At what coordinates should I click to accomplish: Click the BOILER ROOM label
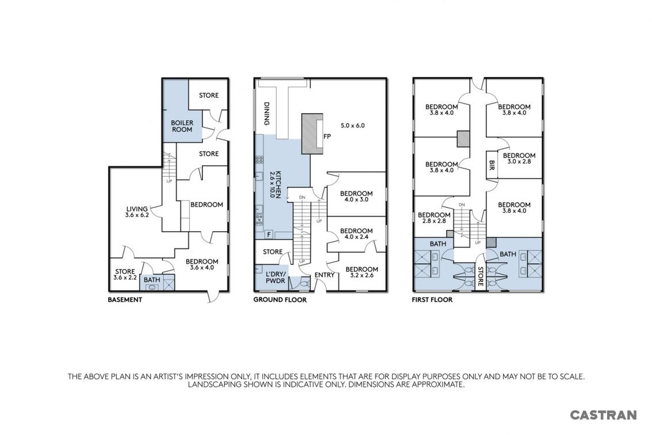coord(182,126)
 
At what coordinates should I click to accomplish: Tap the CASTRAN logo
coord(604,415)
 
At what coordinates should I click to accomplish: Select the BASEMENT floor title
coord(125,299)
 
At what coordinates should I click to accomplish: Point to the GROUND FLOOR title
coord(280,299)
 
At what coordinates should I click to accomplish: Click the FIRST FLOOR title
coord(432,299)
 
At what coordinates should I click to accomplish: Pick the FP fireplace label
coord(327,136)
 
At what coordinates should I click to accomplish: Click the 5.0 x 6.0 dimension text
coord(353,125)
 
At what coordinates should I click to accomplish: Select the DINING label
coord(266,114)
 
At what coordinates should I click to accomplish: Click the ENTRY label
coord(325,275)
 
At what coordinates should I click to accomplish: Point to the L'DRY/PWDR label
coord(275,277)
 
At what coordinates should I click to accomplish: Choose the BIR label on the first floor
coord(492,165)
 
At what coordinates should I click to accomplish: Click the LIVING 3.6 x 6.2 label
coord(137,212)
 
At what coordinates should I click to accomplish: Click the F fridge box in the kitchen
coord(269,234)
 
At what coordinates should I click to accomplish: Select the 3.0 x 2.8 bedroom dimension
coord(519,161)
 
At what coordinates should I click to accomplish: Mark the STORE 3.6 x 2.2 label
coord(125,274)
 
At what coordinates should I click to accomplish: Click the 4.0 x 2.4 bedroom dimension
coord(356,236)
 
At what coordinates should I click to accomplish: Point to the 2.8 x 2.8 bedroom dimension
coord(434,221)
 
